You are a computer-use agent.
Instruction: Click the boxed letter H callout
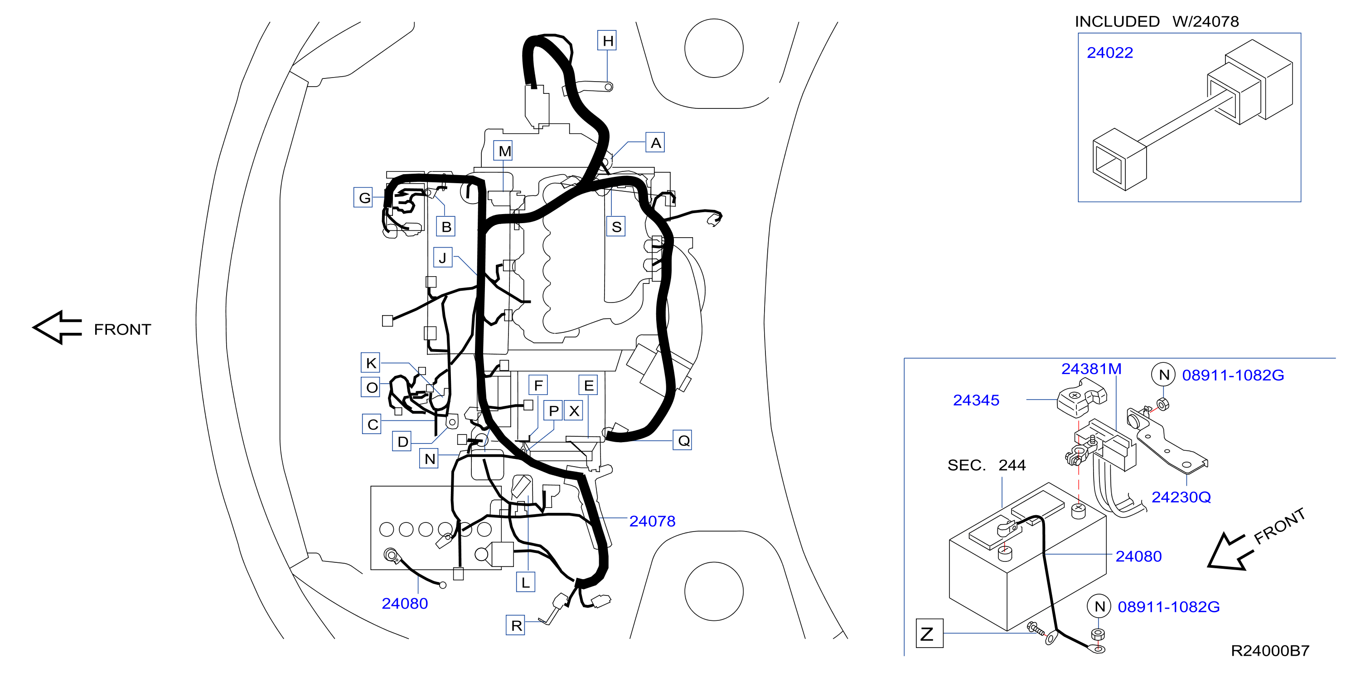(x=607, y=40)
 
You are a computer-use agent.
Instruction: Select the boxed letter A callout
(x=655, y=142)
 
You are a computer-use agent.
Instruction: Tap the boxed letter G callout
(x=364, y=197)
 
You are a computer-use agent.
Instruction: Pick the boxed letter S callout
(x=616, y=226)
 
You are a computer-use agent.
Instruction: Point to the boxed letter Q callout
(x=683, y=440)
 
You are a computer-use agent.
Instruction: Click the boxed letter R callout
(x=515, y=625)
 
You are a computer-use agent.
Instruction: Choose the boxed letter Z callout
(x=929, y=633)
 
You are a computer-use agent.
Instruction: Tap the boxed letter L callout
(x=525, y=582)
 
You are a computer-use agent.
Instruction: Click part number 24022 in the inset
(x=1109, y=53)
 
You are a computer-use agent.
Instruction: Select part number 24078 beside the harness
(x=652, y=521)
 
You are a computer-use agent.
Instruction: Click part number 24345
(x=976, y=400)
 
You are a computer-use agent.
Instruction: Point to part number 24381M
(x=1091, y=369)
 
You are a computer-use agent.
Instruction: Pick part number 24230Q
(x=1181, y=497)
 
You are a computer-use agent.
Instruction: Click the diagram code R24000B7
(x=1270, y=650)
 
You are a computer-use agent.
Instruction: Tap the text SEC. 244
(x=986, y=465)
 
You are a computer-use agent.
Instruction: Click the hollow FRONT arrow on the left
(x=58, y=327)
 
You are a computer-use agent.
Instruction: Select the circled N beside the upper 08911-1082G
(x=1163, y=375)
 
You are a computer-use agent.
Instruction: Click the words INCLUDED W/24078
(x=1157, y=21)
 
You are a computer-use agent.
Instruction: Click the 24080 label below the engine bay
(x=405, y=603)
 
